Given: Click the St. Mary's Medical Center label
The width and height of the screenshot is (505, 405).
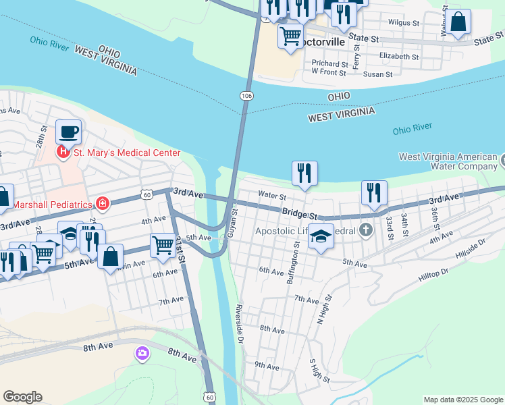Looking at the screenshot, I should [x=127, y=153].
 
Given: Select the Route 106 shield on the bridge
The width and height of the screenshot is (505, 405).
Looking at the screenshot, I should [x=247, y=97].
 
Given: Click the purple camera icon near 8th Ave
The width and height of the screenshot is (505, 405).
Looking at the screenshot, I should [x=142, y=352].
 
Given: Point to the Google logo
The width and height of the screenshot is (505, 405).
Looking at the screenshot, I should [x=22, y=397].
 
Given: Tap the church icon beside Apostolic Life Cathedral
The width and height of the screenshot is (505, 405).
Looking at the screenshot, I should [x=366, y=231].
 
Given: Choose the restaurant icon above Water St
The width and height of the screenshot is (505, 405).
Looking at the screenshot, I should [x=304, y=173].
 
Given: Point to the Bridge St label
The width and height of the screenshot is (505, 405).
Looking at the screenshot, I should [x=300, y=213].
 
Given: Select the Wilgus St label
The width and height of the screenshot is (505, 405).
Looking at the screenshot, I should [x=404, y=22].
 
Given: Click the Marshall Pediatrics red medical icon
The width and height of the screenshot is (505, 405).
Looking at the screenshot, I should [x=103, y=202].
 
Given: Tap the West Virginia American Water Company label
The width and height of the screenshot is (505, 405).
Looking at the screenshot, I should [x=448, y=161].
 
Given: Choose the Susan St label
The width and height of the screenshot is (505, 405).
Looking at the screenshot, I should [x=376, y=74].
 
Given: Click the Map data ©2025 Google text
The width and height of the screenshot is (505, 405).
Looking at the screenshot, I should [x=462, y=400].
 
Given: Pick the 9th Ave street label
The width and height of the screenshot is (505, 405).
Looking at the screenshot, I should [x=267, y=367].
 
